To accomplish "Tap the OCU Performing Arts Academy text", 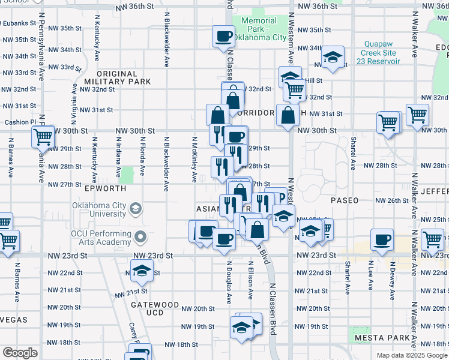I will [x=100, y=238].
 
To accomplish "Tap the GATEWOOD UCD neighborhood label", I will [x=155, y=309].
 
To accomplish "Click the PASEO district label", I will [x=344, y=200].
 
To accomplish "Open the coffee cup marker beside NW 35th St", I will [x=223, y=37].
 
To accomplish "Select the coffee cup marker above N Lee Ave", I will [x=382, y=239].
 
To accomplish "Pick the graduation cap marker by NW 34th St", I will [x=333, y=57].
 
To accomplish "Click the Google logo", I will [x=20, y=353].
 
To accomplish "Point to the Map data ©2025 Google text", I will [x=412, y=355].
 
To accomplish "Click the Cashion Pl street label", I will [x=17, y=122].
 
